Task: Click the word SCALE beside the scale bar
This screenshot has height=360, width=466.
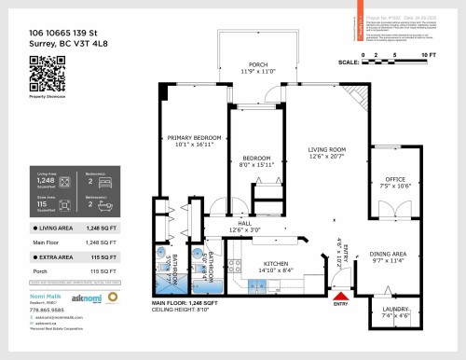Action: tap(349, 62)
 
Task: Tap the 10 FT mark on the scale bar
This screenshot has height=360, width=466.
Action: tap(428, 56)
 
